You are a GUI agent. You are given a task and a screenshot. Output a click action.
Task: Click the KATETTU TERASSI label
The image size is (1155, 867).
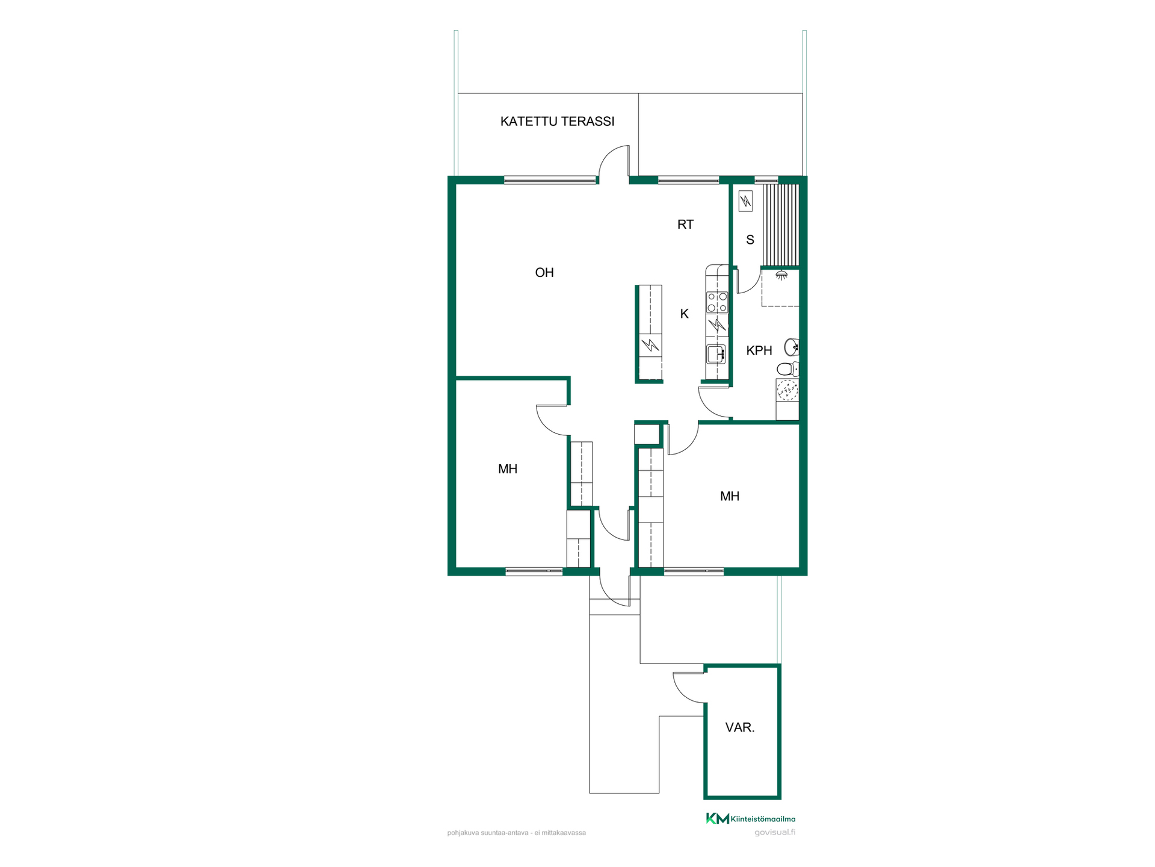click(557, 121)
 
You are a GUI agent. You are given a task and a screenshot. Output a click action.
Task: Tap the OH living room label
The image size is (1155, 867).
click(544, 273)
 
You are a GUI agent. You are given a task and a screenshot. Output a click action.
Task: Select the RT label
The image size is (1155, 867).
click(685, 225)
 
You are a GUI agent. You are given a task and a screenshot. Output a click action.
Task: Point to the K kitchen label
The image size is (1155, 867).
click(684, 314)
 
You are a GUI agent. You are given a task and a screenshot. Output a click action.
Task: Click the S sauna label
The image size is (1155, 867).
click(750, 240)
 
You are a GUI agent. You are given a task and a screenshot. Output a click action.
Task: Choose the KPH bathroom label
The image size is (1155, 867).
click(759, 350)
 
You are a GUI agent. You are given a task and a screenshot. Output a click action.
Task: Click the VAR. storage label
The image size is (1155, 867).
click(740, 727)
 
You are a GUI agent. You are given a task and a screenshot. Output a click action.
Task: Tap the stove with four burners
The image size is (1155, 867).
click(717, 302)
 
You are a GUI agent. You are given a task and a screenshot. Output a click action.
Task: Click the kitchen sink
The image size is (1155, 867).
click(716, 354)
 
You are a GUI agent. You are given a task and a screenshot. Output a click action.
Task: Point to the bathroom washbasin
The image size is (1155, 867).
click(792, 347)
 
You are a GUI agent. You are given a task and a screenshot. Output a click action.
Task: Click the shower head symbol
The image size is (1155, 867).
click(781, 275)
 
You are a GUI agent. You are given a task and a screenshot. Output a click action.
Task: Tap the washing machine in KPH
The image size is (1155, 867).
click(787, 390)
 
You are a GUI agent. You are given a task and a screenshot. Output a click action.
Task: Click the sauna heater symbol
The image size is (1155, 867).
click(745, 201)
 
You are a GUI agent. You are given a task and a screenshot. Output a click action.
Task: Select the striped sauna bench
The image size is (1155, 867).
click(781, 225)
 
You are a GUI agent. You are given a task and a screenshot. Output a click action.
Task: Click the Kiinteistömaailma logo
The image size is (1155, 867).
click(750, 818)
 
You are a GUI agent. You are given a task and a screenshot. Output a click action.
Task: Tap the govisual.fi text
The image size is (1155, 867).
click(775, 833)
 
